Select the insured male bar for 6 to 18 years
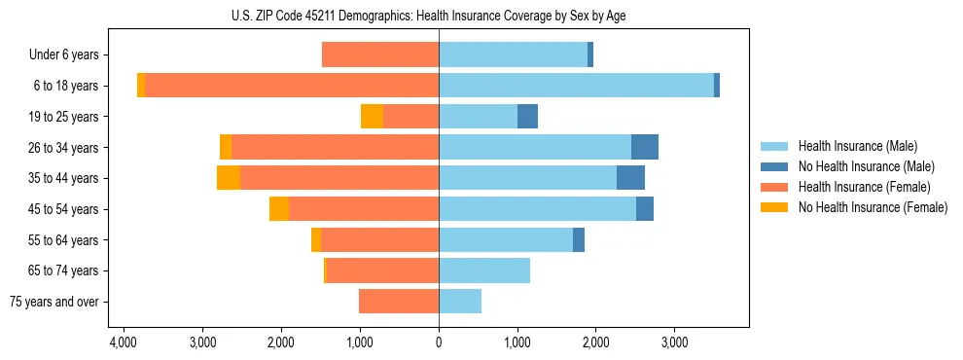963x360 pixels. (x=576, y=86)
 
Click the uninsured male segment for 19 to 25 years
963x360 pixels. (x=527, y=117)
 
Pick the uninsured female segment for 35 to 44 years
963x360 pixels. (x=229, y=178)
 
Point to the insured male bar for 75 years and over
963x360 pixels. (x=460, y=302)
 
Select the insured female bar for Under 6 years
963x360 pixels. (x=380, y=55)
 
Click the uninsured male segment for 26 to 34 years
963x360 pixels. (x=645, y=147)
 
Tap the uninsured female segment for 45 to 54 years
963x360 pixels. (x=279, y=209)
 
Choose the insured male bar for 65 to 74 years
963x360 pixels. (x=484, y=270)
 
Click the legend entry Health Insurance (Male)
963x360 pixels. (x=857, y=147)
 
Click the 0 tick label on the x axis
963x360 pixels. (x=439, y=342)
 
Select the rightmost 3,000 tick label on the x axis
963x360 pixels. (x=674, y=342)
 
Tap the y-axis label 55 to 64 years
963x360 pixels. (x=66, y=240)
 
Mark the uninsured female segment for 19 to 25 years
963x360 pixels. (x=372, y=117)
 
